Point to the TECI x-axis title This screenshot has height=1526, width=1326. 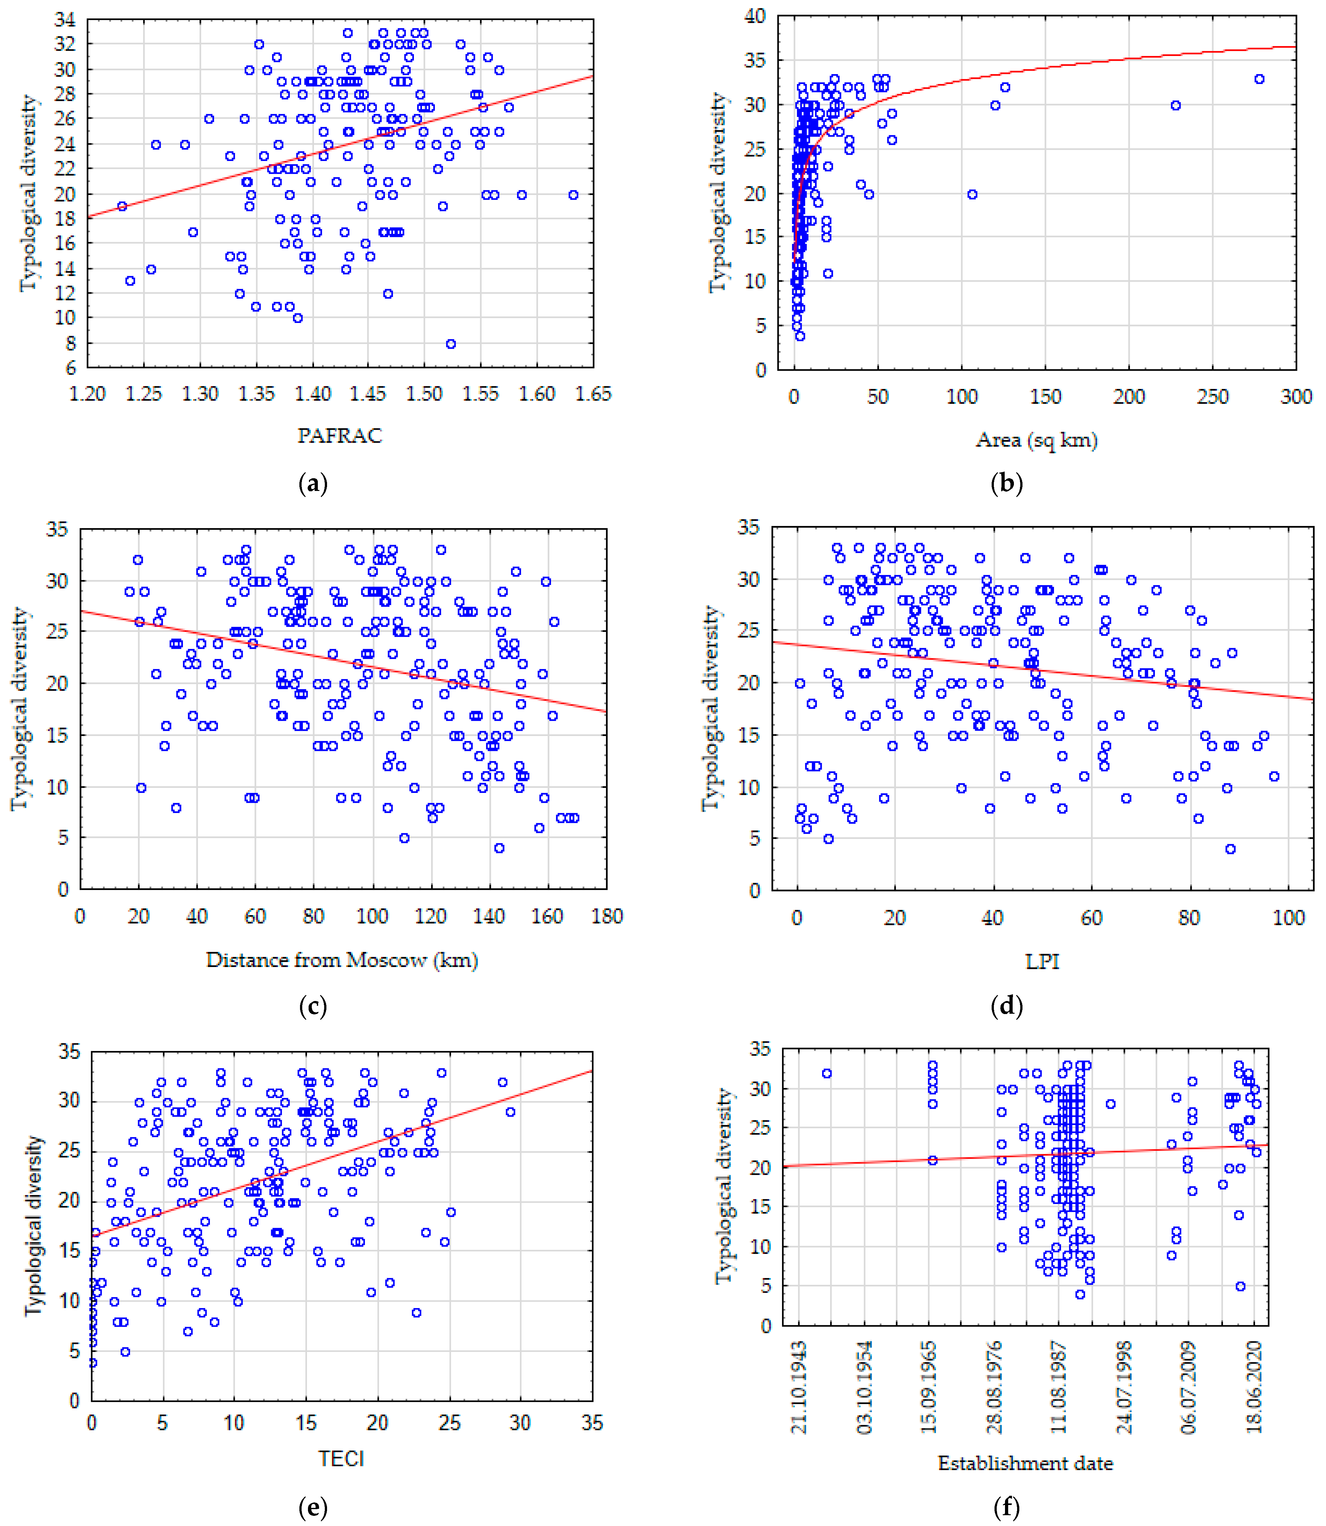[x=341, y=1459]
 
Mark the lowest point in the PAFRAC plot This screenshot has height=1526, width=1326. [x=450, y=343]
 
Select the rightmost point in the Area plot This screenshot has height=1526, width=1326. [x=1260, y=79]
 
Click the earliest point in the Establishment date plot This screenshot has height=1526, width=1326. [x=827, y=1073]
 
